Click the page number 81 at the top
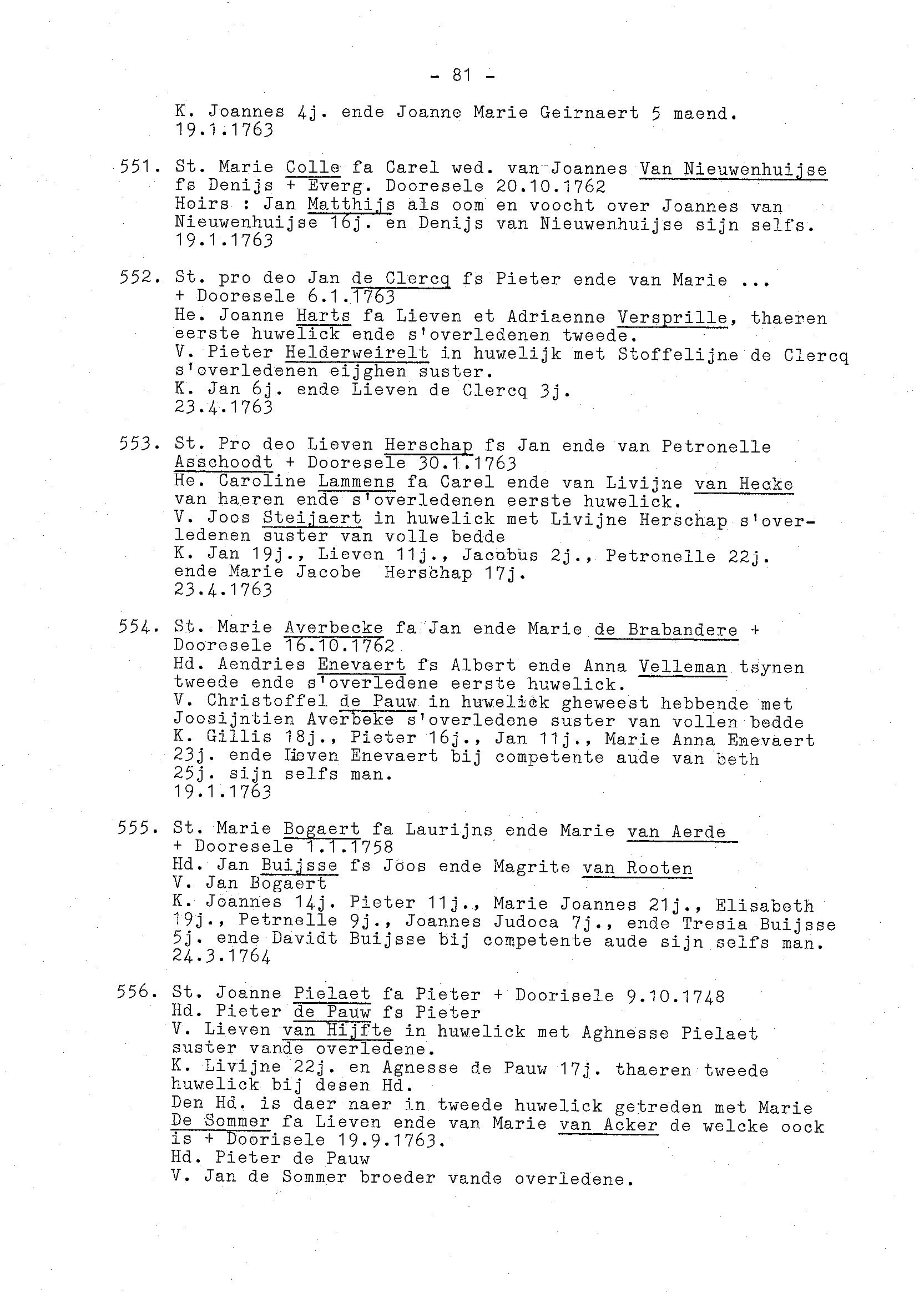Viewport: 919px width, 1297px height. click(x=462, y=75)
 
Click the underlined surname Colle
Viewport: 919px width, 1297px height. click(x=312, y=168)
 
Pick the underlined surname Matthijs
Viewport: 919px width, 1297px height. click(x=351, y=204)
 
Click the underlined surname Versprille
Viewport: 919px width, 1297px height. click(x=671, y=318)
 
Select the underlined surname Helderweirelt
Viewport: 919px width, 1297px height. click(x=356, y=353)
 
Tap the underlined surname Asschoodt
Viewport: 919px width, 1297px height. click(x=223, y=463)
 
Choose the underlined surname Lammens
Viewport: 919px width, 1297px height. click(x=356, y=482)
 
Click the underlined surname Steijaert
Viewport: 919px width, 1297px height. click(x=312, y=518)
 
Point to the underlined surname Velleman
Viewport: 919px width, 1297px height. click(x=683, y=667)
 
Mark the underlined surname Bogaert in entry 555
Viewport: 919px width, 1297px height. click(x=321, y=829)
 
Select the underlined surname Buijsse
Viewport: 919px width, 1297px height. click(x=299, y=866)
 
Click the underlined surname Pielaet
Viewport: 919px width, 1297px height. click(x=332, y=993)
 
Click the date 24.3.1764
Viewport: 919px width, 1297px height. click(x=221, y=956)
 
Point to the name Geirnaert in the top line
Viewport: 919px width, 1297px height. click(x=589, y=113)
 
